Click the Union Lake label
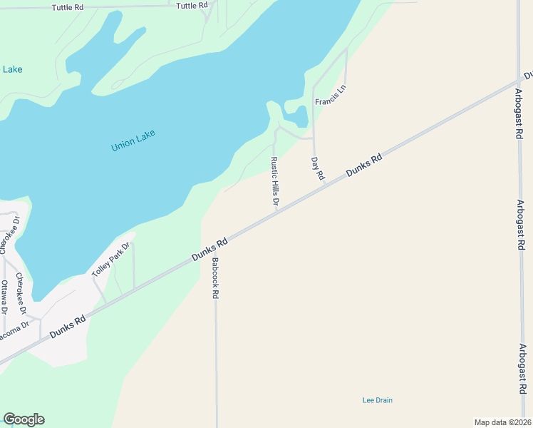[133, 140]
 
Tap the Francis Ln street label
[330, 94]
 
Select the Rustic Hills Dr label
[274, 182]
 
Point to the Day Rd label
[317, 168]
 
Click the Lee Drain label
[377, 400]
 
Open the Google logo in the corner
[24, 419]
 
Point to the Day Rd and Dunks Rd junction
[325, 183]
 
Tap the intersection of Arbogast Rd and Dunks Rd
[518, 81]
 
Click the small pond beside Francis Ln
[298, 114]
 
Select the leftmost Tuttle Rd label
[68, 7]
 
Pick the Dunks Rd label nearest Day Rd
[364, 165]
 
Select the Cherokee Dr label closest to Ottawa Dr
[21, 293]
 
